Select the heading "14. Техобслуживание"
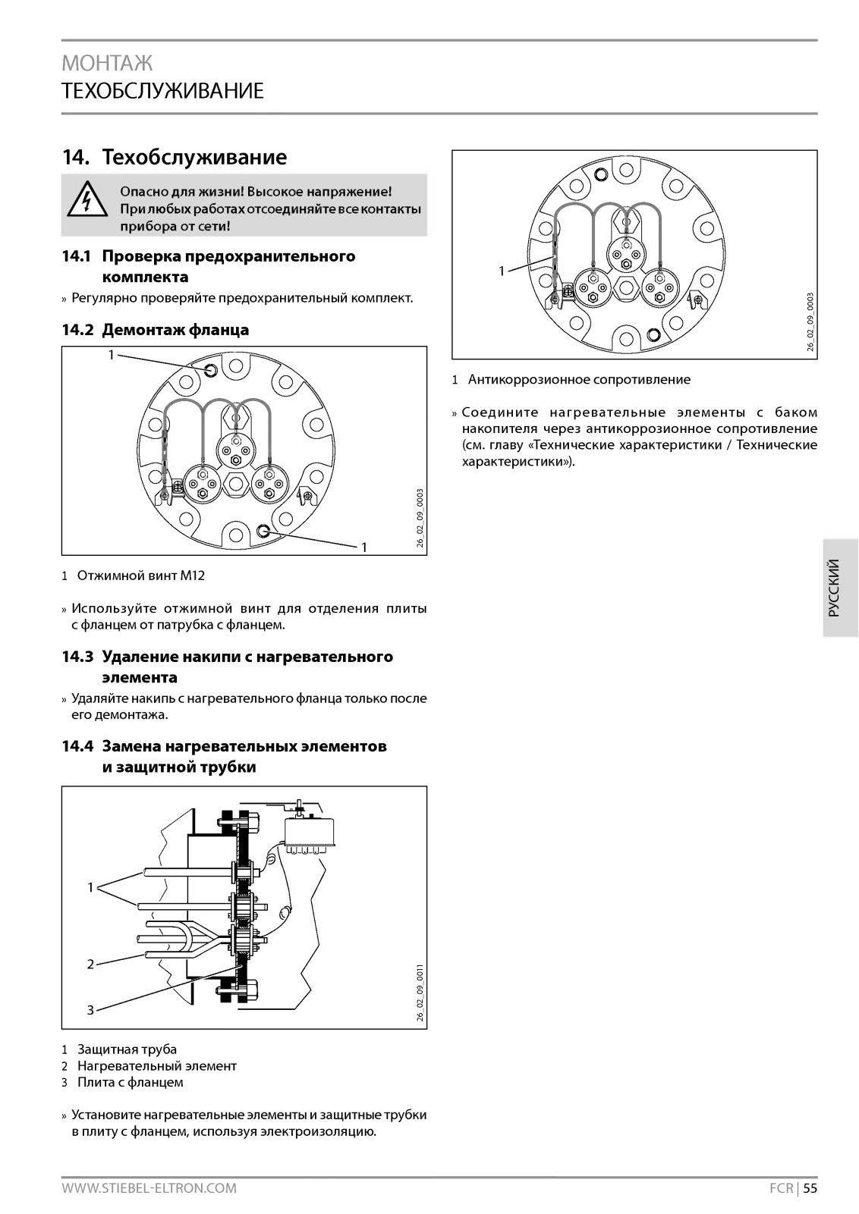175,158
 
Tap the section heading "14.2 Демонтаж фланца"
156,330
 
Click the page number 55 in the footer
810,1188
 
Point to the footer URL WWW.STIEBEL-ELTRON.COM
149,1188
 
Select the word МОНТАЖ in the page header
107,62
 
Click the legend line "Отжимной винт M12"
140,576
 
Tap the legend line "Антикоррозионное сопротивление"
578,379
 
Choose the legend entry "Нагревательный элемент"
156,1066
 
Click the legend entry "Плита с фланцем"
130,1082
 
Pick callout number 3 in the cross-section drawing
90,1009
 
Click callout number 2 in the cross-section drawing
90,965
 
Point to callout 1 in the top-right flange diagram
502,271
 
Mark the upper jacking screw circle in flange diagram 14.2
211,369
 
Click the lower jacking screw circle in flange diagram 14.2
263,531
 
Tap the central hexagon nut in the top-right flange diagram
625,287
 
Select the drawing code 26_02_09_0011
420,993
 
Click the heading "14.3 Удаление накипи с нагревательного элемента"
228,667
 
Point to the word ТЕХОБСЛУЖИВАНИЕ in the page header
163,91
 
